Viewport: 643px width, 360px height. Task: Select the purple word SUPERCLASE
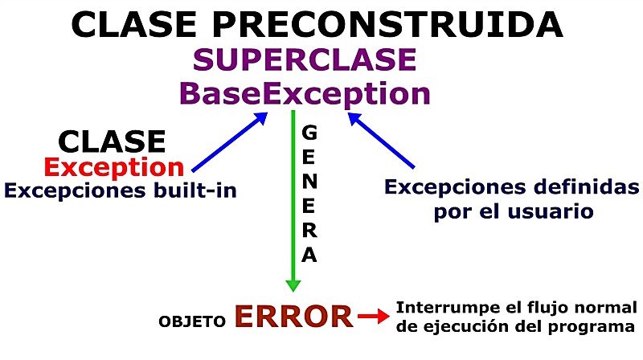(x=305, y=59)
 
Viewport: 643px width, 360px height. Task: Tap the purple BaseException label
(x=305, y=93)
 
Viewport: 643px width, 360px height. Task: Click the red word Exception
(x=113, y=167)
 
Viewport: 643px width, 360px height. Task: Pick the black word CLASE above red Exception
(x=112, y=141)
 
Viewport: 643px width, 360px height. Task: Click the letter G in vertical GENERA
(x=309, y=130)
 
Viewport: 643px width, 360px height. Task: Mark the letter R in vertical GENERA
(x=309, y=231)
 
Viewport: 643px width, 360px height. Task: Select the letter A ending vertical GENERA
(x=309, y=256)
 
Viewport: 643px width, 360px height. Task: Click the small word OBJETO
(x=192, y=321)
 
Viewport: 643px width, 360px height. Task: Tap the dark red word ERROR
(x=293, y=317)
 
